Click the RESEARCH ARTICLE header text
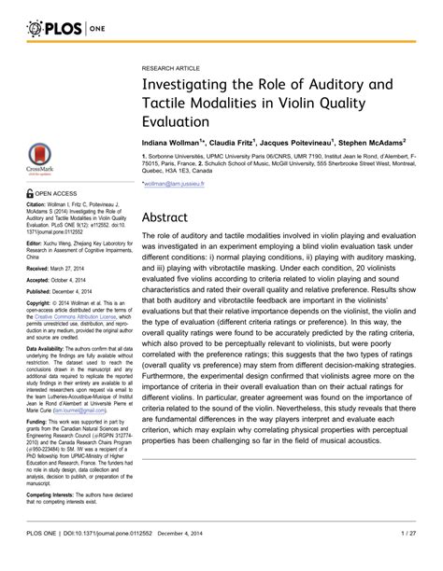pyautogui.click(x=172, y=69)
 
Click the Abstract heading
pyautogui.click(x=166, y=216)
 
